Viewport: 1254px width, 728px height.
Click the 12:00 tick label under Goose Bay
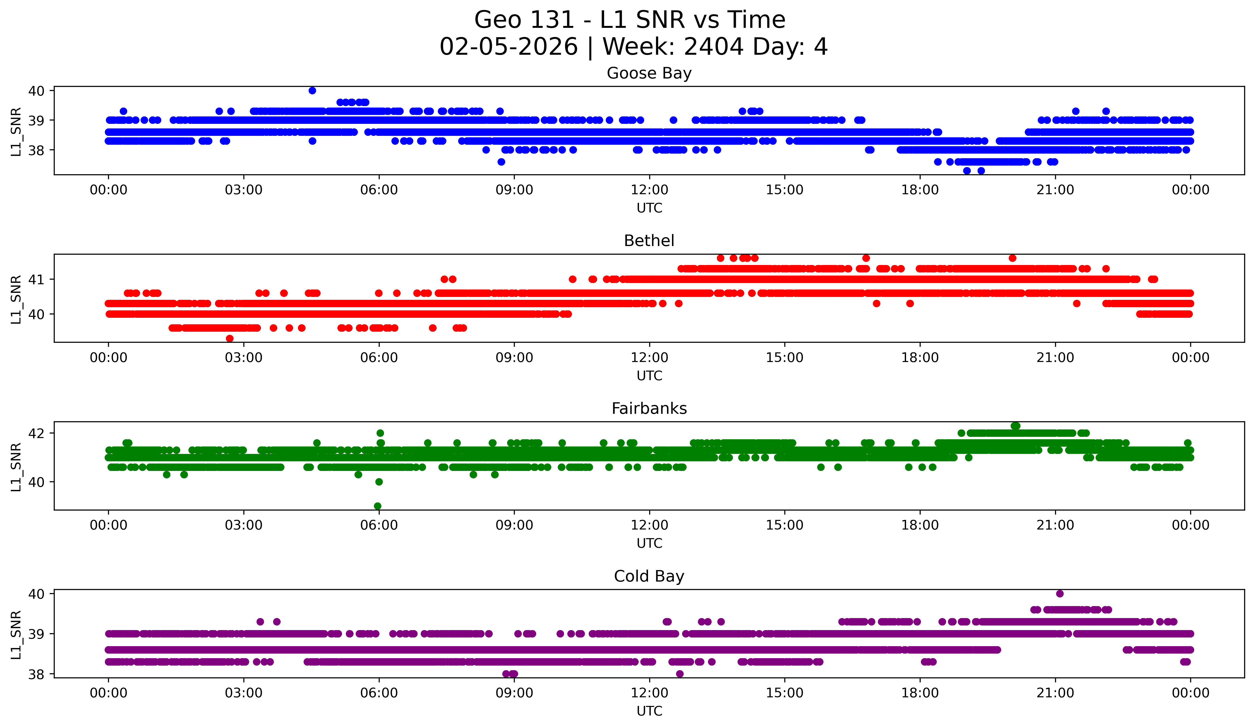[x=649, y=190]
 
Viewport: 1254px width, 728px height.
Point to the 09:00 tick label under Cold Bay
[x=514, y=693]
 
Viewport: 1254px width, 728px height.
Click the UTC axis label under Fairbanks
[x=649, y=543]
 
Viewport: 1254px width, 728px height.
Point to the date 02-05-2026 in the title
[x=509, y=47]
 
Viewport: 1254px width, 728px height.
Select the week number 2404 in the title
[x=714, y=47]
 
